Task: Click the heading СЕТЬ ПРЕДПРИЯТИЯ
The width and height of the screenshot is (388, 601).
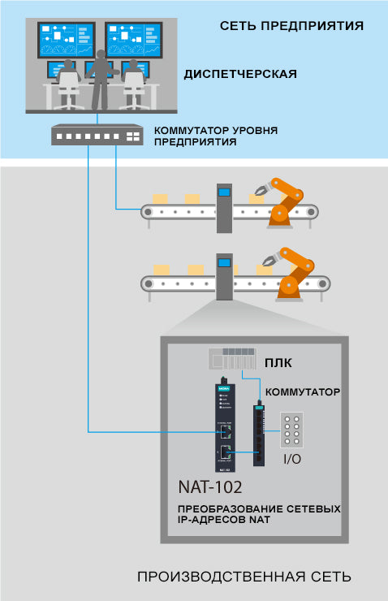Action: click(x=291, y=26)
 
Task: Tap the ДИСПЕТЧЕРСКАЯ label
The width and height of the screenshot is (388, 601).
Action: click(x=240, y=74)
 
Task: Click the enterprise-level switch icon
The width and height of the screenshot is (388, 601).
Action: click(x=97, y=135)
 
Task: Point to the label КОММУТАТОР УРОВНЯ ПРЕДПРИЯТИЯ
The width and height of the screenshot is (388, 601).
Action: click(x=216, y=136)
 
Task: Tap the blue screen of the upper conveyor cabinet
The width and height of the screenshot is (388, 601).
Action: click(x=225, y=192)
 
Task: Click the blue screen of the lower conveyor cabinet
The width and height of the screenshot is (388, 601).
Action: click(x=224, y=263)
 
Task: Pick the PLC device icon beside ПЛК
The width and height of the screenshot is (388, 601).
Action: click(x=232, y=358)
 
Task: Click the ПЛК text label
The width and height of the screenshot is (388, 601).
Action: click(x=278, y=363)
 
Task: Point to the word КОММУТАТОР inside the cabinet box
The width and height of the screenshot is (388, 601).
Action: click(x=303, y=392)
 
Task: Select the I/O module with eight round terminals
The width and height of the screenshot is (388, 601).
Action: click(x=292, y=430)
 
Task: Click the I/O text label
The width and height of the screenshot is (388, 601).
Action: click(x=292, y=459)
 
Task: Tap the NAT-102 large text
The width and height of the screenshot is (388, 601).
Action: click(x=210, y=487)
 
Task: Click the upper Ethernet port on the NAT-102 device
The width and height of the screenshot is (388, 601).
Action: click(x=225, y=432)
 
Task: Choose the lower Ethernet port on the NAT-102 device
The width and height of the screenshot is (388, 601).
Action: click(x=225, y=452)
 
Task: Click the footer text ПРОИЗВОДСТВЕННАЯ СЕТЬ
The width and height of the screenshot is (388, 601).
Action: click(x=244, y=577)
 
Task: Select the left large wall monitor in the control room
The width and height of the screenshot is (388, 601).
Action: click(x=67, y=40)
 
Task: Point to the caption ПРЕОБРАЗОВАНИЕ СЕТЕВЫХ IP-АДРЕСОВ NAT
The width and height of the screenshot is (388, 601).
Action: click(x=259, y=514)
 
